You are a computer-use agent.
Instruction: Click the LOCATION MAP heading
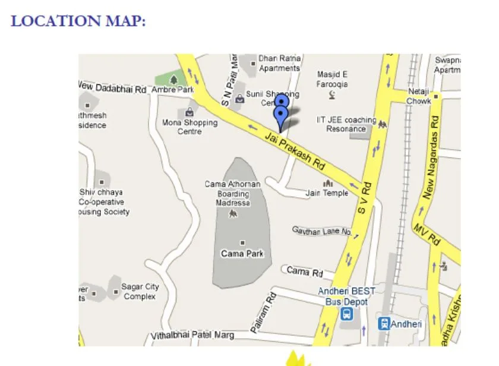point(78,21)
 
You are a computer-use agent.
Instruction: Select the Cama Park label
point(242,254)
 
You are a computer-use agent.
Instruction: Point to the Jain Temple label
point(327,193)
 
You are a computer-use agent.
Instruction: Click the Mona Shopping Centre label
point(190,127)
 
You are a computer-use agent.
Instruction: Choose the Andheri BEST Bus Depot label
point(347,296)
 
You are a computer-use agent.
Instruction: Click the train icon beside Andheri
point(384,324)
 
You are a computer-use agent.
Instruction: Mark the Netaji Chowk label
point(419,96)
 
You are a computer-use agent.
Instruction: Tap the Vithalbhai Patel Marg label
point(192,336)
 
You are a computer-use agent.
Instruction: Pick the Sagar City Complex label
point(140,291)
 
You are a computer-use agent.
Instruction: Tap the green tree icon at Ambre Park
point(173,78)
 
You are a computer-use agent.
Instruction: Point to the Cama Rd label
point(304,272)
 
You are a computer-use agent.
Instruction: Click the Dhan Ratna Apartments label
point(279,64)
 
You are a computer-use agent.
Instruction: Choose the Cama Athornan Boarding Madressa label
point(232,193)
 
